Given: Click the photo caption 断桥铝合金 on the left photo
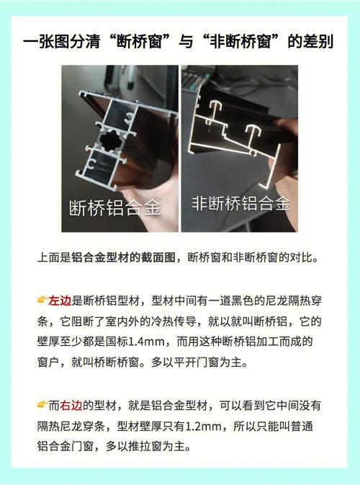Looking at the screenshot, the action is tap(115, 207).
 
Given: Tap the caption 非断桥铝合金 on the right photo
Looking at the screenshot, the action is tap(241, 203).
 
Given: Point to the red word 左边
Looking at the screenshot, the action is tap(60, 301).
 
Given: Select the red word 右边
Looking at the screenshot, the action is tap(71, 406).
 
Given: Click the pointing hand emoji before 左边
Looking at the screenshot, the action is tap(42, 300).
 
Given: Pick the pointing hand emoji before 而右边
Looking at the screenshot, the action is tap(42, 404).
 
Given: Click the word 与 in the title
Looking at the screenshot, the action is tap(186, 42).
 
